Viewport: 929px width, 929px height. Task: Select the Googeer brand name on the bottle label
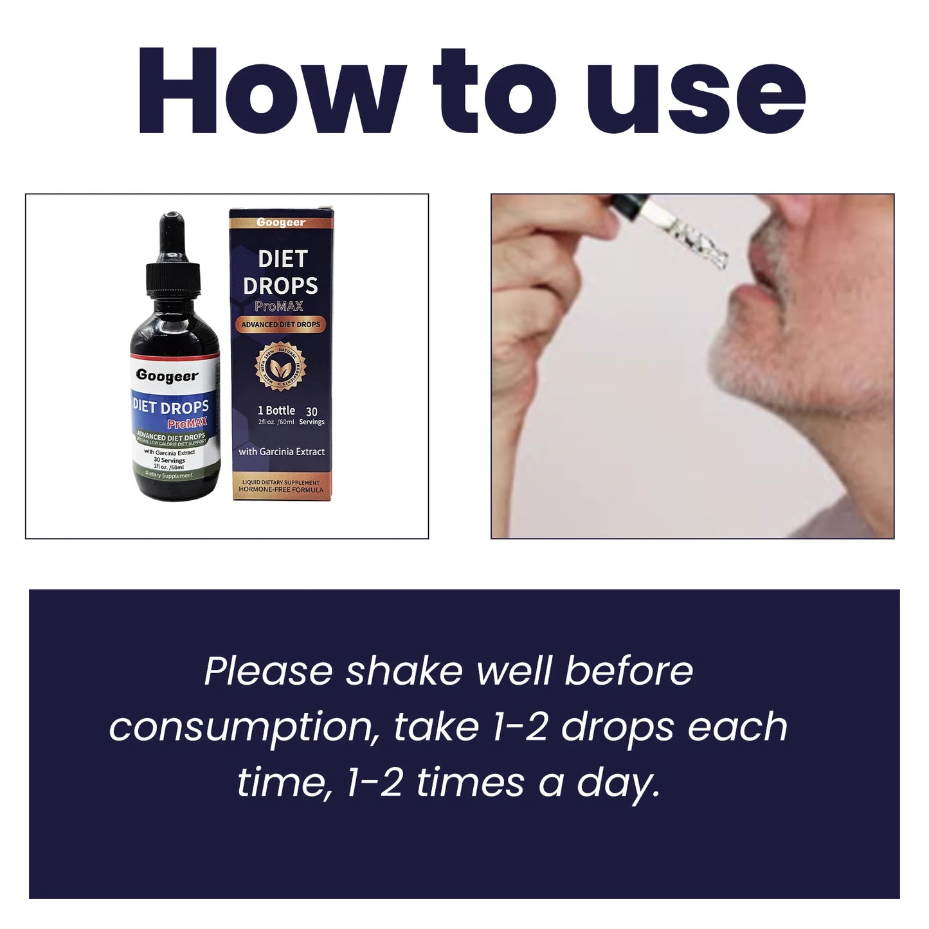coord(167,376)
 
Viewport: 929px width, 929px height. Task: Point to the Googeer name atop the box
coord(281,222)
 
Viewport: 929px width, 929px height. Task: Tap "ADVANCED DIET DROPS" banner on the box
coord(280,325)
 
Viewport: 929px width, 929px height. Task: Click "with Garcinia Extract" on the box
coord(282,452)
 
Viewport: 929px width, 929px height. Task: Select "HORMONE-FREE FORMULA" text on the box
coord(281,490)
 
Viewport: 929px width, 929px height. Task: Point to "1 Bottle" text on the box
coord(276,410)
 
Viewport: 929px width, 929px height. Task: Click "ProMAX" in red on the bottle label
coord(187,424)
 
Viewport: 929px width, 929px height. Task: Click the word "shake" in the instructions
coord(404,671)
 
